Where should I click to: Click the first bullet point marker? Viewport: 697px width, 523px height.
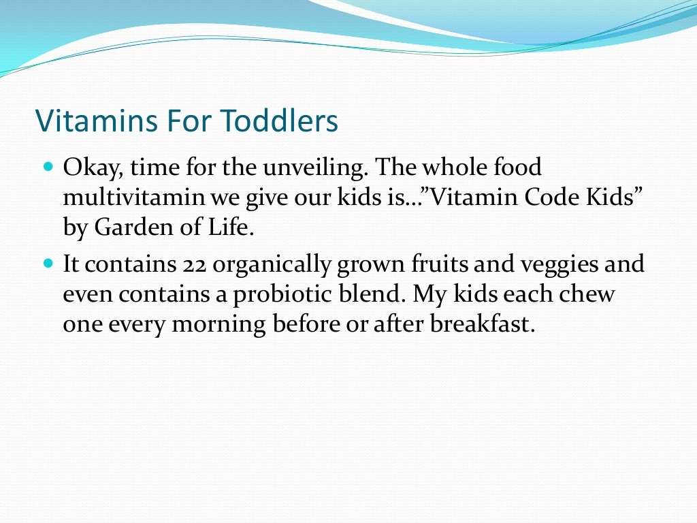[48, 166]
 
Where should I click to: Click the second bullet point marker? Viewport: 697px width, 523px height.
[48, 262]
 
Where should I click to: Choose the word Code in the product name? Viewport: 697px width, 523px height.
[552, 197]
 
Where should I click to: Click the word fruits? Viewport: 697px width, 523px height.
[432, 264]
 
